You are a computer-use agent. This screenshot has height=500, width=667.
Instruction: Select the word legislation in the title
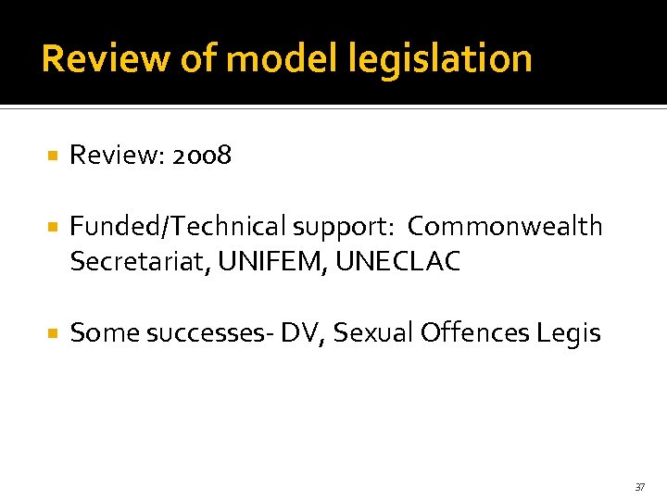(441, 58)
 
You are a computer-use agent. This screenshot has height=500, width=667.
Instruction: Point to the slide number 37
(640, 486)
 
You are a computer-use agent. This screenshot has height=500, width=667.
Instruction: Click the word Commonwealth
(505, 226)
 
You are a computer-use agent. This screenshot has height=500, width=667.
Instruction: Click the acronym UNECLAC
(398, 262)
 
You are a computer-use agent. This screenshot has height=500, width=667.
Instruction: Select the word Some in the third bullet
(98, 331)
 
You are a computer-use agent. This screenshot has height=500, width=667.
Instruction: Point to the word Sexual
(371, 331)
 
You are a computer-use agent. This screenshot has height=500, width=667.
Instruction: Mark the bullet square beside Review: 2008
(53, 156)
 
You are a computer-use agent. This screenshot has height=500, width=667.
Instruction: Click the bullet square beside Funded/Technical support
(53, 227)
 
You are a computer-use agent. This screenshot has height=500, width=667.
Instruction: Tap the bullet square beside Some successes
(53, 332)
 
